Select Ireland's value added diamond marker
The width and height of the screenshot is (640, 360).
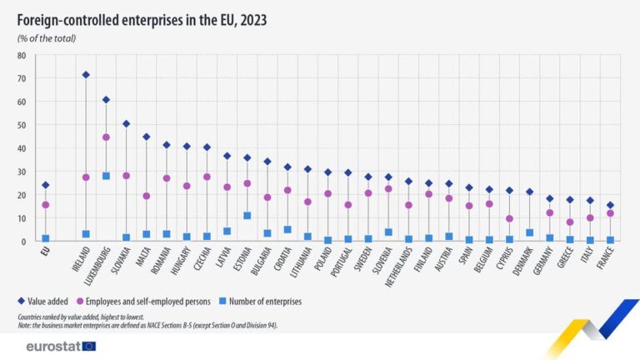tap(86, 75)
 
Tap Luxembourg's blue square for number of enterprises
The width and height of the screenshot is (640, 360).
tap(106, 176)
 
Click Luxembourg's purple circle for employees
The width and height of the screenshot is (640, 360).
tap(106, 137)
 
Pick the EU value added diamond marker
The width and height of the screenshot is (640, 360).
tap(45, 185)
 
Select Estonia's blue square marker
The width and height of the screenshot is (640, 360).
tap(247, 216)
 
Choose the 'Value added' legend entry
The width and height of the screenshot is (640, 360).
tap(52, 302)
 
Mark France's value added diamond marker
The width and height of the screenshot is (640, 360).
tap(611, 205)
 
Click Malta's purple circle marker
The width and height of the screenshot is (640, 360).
tap(147, 196)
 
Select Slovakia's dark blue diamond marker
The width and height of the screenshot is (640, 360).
tap(126, 123)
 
